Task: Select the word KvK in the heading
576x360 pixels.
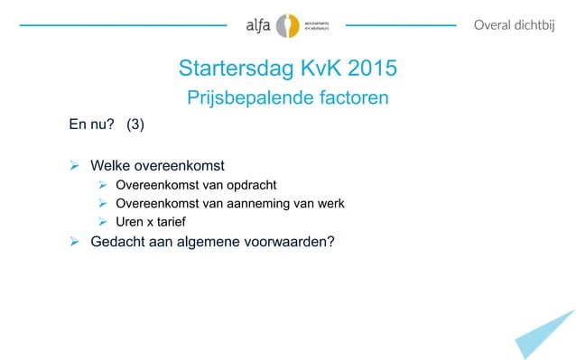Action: [314, 70]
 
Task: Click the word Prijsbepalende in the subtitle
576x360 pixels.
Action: [246, 97]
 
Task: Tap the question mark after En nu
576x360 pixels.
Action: [109, 125]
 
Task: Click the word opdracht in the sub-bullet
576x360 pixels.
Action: [255, 186]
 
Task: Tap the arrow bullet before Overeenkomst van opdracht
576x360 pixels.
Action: [104, 186]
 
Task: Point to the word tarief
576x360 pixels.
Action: [177, 221]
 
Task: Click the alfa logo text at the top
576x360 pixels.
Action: [258, 26]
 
